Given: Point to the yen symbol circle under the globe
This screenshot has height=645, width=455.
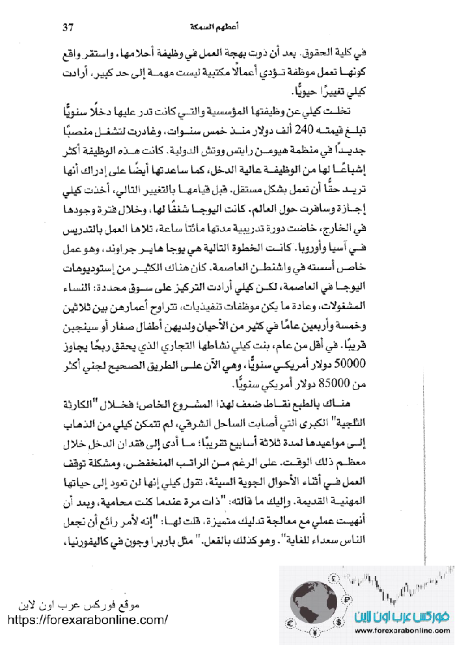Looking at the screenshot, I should click(314, 633).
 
